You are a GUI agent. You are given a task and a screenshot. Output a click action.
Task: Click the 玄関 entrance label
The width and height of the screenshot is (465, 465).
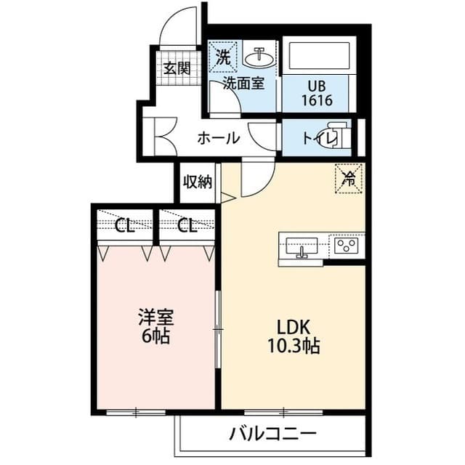[177, 69]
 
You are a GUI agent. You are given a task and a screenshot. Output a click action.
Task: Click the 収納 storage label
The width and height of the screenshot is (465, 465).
[196, 182]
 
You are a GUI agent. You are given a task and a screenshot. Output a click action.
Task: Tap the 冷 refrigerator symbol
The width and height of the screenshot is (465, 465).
[349, 179]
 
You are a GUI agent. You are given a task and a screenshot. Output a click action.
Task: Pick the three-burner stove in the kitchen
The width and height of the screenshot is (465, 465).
[347, 247]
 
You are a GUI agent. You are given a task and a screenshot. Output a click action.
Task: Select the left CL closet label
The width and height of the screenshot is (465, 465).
[124, 225]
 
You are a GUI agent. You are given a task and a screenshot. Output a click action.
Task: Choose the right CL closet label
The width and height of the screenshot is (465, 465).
[187, 225]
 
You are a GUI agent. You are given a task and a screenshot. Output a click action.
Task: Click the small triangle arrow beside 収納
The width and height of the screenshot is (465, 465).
[227, 197]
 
